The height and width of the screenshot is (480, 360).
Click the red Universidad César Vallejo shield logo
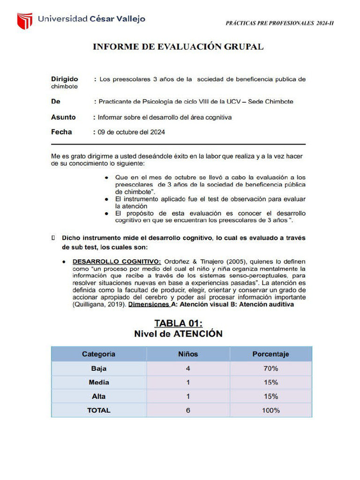point(24,21)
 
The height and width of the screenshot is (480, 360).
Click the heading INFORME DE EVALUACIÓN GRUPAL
point(178,46)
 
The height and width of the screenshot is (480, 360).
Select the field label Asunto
point(63,117)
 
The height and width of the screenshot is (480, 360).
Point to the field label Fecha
point(61,132)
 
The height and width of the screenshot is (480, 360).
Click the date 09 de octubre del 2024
point(131,132)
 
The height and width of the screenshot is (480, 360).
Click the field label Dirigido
point(65,79)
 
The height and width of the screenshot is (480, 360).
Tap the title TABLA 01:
point(178,323)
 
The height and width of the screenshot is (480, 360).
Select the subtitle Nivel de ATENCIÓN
point(178,334)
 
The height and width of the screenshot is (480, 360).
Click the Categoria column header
point(98,354)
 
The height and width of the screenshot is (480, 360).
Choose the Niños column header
point(188,354)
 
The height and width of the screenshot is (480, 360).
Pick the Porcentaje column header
point(270,354)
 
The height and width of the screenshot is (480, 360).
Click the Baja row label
point(98,368)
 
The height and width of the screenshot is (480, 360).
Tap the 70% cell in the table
point(270,368)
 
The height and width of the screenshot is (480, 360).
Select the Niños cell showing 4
point(188,368)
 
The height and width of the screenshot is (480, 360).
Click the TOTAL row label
point(98,410)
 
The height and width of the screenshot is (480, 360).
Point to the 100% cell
point(270,410)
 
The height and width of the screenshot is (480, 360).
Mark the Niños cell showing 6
point(188,410)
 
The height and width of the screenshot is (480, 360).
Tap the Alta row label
point(98,397)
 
